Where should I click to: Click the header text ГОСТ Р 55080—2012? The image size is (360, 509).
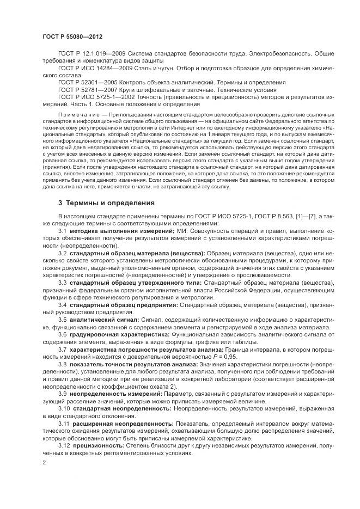pos(72,36)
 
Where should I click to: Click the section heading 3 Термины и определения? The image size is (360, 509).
pos(106,203)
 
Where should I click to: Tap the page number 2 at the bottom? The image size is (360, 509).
pos(44,462)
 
